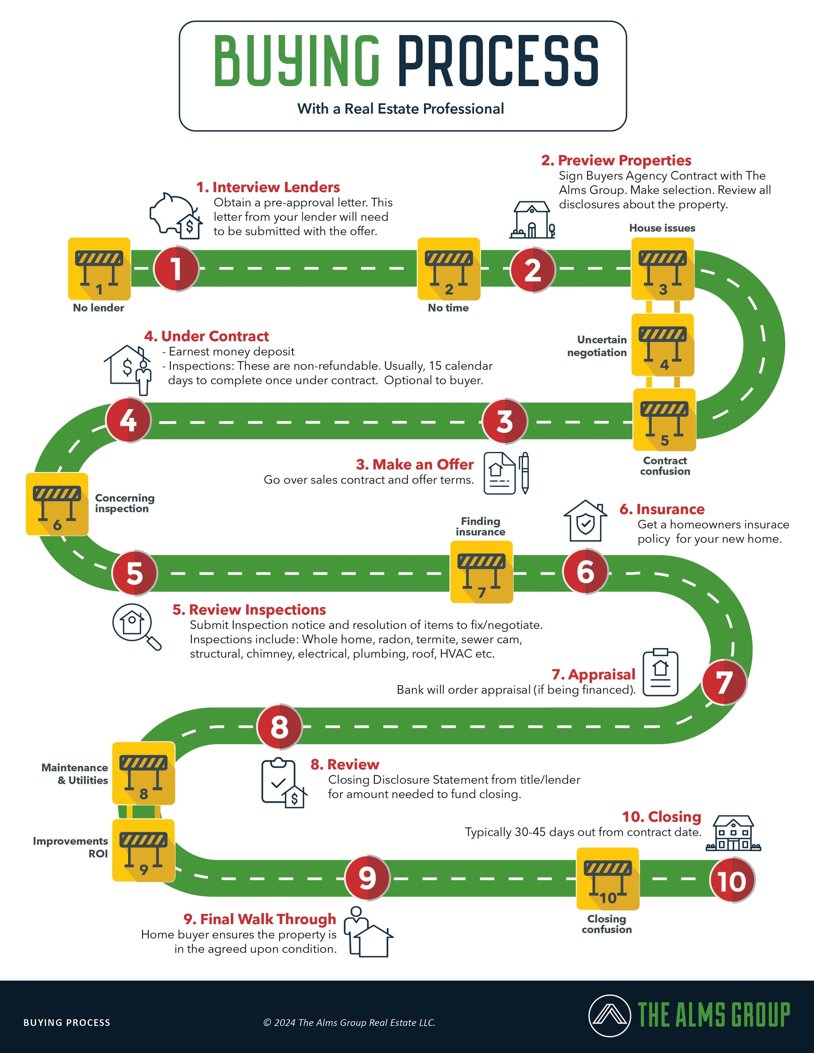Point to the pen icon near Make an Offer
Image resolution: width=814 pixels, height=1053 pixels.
(525, 473)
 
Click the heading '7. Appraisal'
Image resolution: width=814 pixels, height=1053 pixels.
(594, 674)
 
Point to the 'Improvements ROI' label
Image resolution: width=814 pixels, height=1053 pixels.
(71, 847)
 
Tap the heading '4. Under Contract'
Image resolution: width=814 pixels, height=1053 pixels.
(206, 336)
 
